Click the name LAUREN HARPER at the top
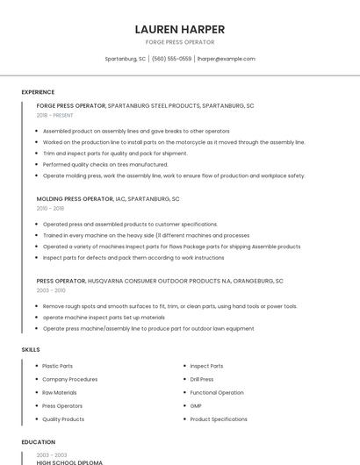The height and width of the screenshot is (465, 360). pyautogui.click(x=180, y=29)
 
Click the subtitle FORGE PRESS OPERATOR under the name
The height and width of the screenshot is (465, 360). pyautogui.click(x=180, y=42)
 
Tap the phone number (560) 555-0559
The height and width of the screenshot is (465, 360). pyautogui.click(x=171, y=59)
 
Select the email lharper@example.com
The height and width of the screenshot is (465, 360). pyautogui.click(x=226, y=59)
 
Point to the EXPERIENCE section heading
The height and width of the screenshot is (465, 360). pyautogui.click(x=38, y=92)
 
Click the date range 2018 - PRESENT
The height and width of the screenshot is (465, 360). pyautogui.click(x=54, y=115)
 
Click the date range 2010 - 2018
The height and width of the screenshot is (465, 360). pyautogui.click(x=50, y=208)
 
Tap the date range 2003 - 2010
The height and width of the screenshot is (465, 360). pyautogui.click(x=51, y=290)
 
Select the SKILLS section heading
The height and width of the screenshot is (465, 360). pyautogui.click(x=31, y=349)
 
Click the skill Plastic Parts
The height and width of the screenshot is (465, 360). pyautogui.click(x=58, y=366)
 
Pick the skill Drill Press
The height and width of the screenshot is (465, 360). pyautogui.click(x=202, y=379)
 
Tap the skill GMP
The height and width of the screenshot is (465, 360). pyautogui.click(x=197, y=406)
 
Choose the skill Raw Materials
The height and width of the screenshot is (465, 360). pyautogui.click(x=60, y=392)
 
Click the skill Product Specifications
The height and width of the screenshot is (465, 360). pyautogui.click(x=219, y=419)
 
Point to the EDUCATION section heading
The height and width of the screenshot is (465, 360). pyautogui.click(x=38, y=442)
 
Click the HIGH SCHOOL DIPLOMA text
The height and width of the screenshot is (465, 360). pyautogui.click(x=69, y=461)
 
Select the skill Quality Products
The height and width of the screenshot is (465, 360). pyautogui.click(x=63, y=419)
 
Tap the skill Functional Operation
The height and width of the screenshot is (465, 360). pyautogui.click(x=217, y=392)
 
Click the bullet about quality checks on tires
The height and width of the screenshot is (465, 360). pyautogui.click(x=105, y=164)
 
